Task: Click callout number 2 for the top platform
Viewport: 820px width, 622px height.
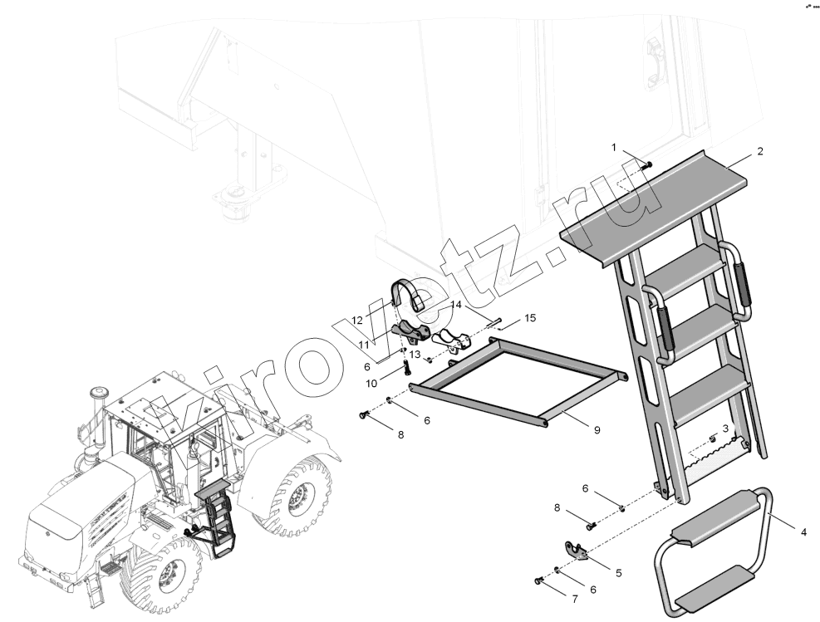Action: pyautogui.click(x=760, y=152)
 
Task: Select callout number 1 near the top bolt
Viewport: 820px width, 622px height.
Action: pyautogui.click(x=615, y=148)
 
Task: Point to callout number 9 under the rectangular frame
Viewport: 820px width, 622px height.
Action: pyautogui.click(x=597, y=430)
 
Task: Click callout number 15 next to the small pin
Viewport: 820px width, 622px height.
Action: pyautogui.click(x=530, y=318)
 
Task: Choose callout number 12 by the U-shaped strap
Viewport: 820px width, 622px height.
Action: pyautogui.click(x=357, y=321)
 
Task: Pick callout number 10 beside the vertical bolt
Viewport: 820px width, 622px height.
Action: pyautogui.click(x=371, y=384)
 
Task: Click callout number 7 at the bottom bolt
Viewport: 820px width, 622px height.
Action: pyautogui.click(x=575, y=600)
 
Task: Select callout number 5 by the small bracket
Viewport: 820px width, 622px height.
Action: pyautogui.click(x=619, y=573)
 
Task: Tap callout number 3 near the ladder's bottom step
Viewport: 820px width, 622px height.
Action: pyautogui.click(x=725, y=429)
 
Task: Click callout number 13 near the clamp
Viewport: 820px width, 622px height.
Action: pyautogui.click(x=415, y=355)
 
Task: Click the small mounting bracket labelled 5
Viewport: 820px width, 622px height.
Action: pyautogui.click(x=575, y=551)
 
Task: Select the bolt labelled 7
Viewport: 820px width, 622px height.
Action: pyautogui.click(x=538, y=580)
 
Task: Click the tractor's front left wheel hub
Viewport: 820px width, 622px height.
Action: pyautogui.click(x=169, y=575)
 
